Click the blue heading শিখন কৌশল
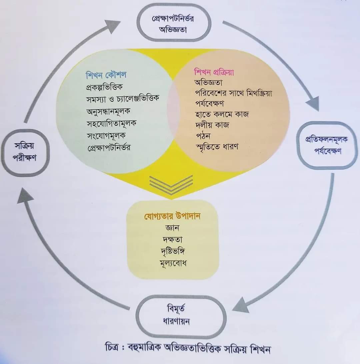[106, 75]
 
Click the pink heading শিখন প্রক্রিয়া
[214, 72]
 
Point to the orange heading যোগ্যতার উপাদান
[172, 216]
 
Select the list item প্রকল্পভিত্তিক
[104, 87]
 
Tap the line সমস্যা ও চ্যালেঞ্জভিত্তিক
[123, 98]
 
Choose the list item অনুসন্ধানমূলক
[108, 111]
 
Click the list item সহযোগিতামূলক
[111, 123]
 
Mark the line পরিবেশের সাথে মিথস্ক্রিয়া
[233, 93]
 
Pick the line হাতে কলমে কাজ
[222, 114]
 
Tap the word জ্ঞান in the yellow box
[172, 228]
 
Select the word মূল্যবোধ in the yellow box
[173, 263]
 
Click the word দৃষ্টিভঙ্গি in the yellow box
[173, 251]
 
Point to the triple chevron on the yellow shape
[171, 185]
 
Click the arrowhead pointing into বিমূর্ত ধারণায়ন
[241, 305]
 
